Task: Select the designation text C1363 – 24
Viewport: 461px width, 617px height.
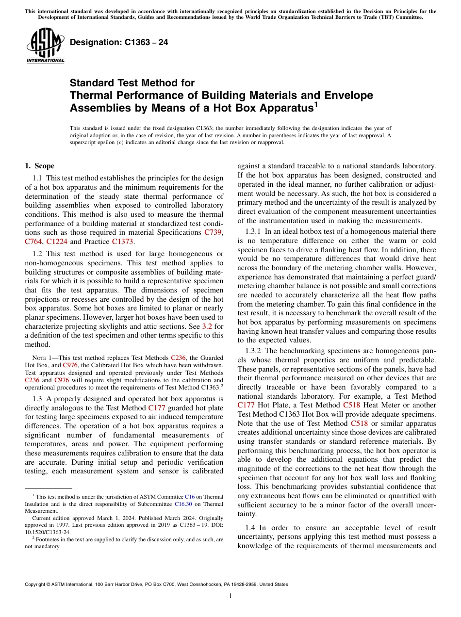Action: coord(119,42)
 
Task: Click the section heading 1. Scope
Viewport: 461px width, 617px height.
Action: coord(40,166)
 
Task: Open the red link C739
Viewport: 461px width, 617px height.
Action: coord(214,232)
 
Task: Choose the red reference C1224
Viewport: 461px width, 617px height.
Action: coord(57,241)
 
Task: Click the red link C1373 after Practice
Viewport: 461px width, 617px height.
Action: coord(123,241)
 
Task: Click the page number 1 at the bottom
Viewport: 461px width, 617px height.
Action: coord(230,596)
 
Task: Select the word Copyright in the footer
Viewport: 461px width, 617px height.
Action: coord(35,585)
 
